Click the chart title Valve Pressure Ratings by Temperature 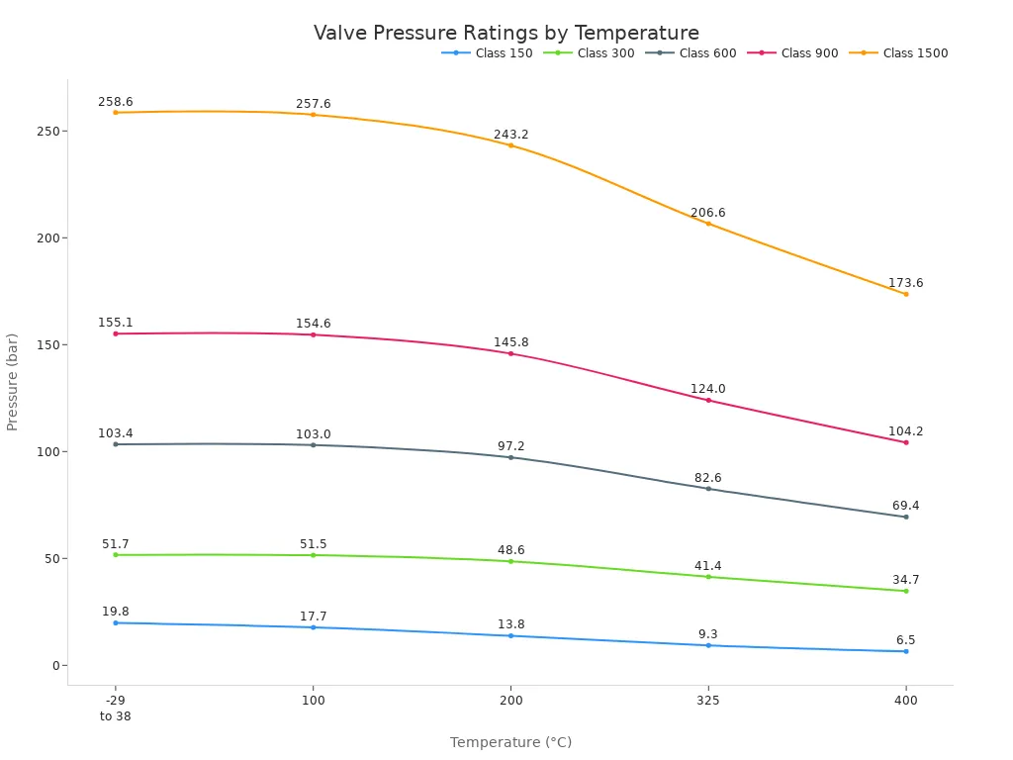(x=506, y=33)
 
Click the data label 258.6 (x=115, y=102)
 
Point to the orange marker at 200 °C (x=510, y=145)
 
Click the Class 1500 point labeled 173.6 (x=905, y=294)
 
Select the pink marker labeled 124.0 (x=708, y=400)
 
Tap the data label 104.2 (x=905, y=431)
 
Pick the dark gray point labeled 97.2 (x=510, y=457)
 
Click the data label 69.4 (x=905, y=506)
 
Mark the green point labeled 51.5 (x=313, y=555)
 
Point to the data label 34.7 (x=905, y=580)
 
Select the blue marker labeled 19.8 (x=115, y=622)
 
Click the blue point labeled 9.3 (x=708, y=645)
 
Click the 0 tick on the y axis (x=56, y=665)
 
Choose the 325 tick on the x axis (x=708, y=701)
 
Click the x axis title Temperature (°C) (x=510, y=742)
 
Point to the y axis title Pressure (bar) (x=13, y=381)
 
